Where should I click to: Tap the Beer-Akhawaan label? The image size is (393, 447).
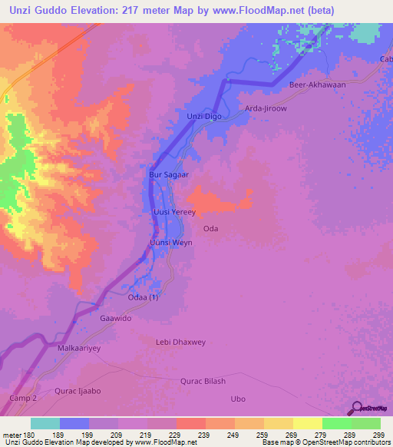(317, 85)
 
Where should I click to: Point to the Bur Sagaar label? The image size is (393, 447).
(168, 175)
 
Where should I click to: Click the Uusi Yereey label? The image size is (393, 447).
(175, 212)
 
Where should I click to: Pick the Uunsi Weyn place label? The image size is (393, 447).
(170, 243)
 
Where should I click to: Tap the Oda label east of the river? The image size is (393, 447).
(211, 229)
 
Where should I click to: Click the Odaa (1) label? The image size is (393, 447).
(143, 297)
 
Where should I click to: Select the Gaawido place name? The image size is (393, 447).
(117, 317)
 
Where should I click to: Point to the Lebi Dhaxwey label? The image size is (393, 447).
(181, 342)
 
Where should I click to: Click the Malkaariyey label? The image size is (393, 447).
(80, 348)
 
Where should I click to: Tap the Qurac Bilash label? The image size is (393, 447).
(203, 382)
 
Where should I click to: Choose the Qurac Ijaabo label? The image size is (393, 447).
(78, 391)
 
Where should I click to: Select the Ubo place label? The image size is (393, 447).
(238, 399)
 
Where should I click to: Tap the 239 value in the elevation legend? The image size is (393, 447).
(191, 435)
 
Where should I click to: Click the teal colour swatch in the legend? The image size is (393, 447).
(45, 423)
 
